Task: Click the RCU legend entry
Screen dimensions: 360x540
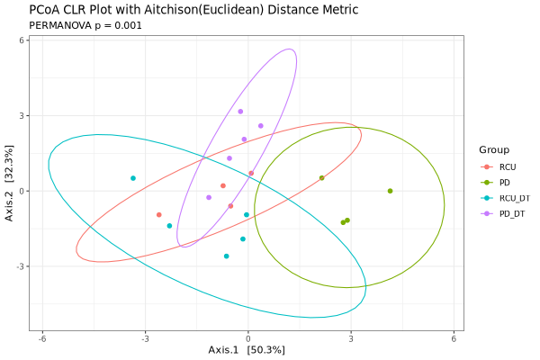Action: (x=508, y=166)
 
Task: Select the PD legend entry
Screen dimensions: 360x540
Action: (x=505, y=183)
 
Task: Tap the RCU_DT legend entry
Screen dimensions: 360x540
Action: (x=514, y=198)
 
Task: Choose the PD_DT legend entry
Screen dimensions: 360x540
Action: (x=511, y=213)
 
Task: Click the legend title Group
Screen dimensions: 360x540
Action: (x=494, y=149)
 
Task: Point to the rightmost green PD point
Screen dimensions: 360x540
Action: (x=390, y=191)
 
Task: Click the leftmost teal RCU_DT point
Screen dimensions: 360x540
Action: (x=133, y=178)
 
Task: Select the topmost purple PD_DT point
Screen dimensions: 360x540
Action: (x=240, y=112)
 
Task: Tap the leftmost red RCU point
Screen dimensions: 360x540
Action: (x=159, y=215)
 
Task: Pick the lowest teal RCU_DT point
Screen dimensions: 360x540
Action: (x=227, y=256)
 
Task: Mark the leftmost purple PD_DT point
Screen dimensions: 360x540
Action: (x=209, y=198)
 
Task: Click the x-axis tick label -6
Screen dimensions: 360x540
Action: (x=41, y=338)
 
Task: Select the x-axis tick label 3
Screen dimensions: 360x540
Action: (x=350, y=338)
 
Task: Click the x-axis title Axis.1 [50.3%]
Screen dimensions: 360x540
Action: (x=247, y=350)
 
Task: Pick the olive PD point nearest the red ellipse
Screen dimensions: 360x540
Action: (x=321, y=178)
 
